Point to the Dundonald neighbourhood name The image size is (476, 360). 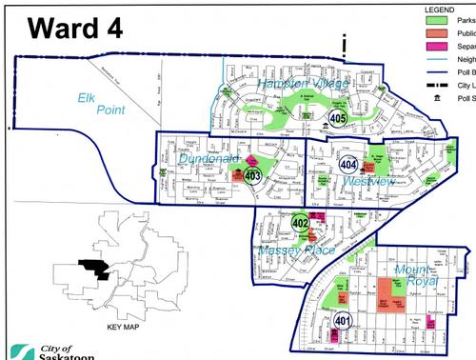205,159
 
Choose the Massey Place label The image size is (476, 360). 296,250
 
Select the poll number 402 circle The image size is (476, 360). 301,223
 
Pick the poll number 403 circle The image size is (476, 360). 252,175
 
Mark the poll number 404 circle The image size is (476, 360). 348,164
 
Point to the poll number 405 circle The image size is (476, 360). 338,118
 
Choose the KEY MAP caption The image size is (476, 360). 125,326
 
